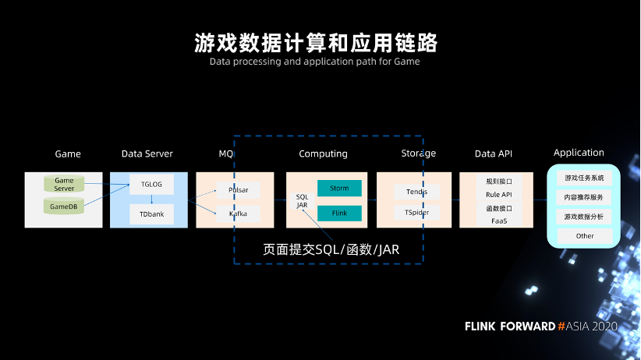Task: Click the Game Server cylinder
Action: [x=64, y=184]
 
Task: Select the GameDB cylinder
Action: [x=64, y=206]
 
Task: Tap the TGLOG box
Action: [x=151, y=185]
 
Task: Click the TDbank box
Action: [x=151, y=214]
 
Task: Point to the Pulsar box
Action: [x=239, y=190]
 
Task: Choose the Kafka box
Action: [x=239, y=214]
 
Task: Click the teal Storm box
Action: [x=339, y=188]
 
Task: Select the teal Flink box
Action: [x=339, y=213]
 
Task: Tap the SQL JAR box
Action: [x=302, y=200]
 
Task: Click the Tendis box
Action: [x=417, y=192]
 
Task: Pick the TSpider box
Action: [x=417, y=213]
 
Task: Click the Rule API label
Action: [x=499, y=195]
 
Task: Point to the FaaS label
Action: [x=499, y=221]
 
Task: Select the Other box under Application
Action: [x=585, y=236]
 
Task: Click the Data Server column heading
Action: [x=147, y=154]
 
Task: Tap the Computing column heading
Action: [x=323, y=154]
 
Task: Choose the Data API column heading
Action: [x=494, y=154]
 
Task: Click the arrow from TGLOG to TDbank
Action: [x=151, y=199]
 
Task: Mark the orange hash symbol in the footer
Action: [x=561, y=326]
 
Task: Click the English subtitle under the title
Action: [x=315, y=62]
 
